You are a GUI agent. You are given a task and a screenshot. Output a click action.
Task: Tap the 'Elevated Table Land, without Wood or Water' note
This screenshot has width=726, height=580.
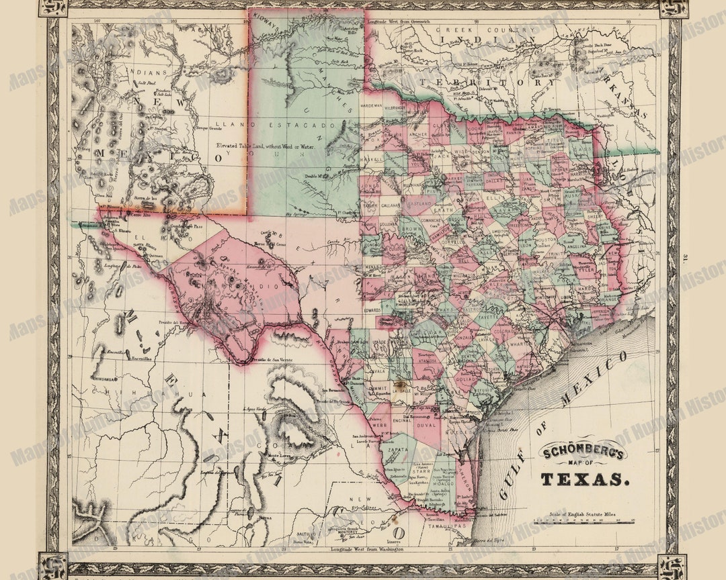pos(265,145)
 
